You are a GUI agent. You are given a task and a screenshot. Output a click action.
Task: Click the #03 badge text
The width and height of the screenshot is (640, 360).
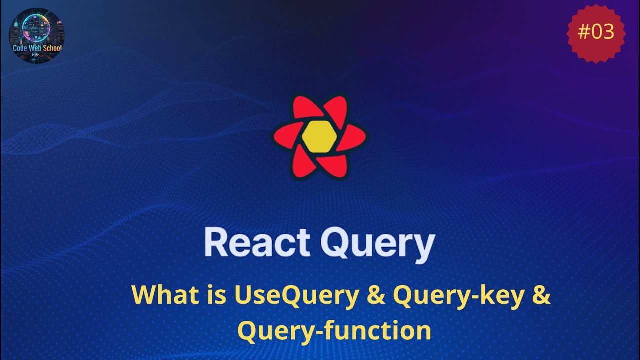coord(596,32)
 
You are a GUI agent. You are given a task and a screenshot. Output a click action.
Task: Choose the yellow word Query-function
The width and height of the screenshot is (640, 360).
coord(334,331)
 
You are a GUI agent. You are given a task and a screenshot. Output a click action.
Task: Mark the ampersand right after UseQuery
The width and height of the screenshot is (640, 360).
coord(376,296)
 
